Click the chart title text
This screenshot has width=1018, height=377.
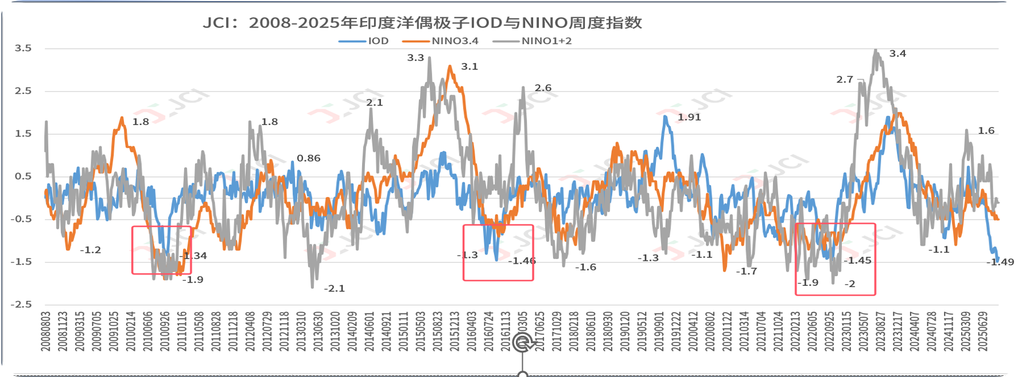pos(422,23)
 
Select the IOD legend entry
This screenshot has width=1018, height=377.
pos(378,41)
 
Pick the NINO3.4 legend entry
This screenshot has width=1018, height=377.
pos(454,41)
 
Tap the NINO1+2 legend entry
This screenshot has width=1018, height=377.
pos(546,41)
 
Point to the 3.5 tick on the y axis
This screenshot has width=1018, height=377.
pos(23,48)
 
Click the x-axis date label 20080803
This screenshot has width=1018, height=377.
pos(45,332)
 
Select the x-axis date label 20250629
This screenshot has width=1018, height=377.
pos(983,332)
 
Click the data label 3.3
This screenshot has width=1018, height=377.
pos(415,58)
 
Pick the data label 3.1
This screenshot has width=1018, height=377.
pos(469,66)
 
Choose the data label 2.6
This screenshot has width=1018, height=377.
pos(543,88)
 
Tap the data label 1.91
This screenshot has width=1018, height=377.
pos(689,117)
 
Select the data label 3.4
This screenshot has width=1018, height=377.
pos(897,54)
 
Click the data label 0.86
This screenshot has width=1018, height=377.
pos(309,159)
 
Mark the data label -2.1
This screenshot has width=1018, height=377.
pos(334,289)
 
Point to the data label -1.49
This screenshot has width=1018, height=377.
pos(1000,262)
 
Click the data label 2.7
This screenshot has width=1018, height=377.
pos(845,80)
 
